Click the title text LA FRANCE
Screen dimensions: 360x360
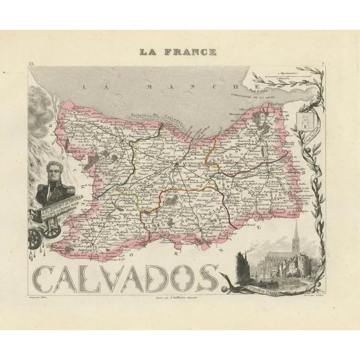click(179, 52)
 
